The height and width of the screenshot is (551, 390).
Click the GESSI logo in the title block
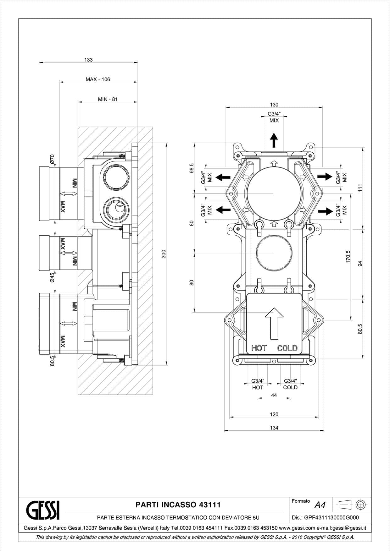pos(42,510)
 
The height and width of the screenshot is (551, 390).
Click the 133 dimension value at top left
pos(88,60)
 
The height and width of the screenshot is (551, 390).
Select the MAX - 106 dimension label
pos(98,79)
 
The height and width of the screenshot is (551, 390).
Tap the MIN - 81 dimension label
pos(108,99)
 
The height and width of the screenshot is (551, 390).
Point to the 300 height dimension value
pos(164,254)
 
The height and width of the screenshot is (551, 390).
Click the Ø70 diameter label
pos(52,159)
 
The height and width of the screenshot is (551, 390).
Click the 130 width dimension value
pos(274,105)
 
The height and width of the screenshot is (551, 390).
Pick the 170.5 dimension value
pos(348,257)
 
